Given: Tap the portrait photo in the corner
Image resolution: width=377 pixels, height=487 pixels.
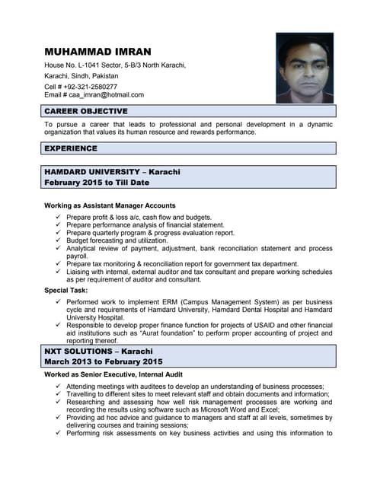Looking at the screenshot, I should click(305, 68).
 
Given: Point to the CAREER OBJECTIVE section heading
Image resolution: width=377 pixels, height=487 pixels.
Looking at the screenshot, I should click(85, 111).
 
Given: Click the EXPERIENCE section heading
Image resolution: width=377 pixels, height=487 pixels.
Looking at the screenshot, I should click(70, 148).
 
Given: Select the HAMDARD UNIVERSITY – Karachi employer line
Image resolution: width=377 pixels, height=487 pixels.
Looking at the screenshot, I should click(112, 172).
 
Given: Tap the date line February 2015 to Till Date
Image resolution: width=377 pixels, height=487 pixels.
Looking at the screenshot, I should click(96, 183).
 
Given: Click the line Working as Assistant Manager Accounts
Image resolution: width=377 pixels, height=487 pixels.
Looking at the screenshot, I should click(110, 205).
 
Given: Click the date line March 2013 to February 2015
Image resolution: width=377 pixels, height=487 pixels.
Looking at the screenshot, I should click(104, 361).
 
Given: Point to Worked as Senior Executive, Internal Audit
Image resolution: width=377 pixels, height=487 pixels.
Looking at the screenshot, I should click(113, 375).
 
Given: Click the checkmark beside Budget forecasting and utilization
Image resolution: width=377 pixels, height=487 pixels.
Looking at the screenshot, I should click(59, 240).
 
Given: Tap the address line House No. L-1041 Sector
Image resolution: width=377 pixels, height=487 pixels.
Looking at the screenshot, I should click(114, 65).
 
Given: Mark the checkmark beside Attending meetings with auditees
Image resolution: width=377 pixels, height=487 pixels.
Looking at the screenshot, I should click(59, 387).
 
